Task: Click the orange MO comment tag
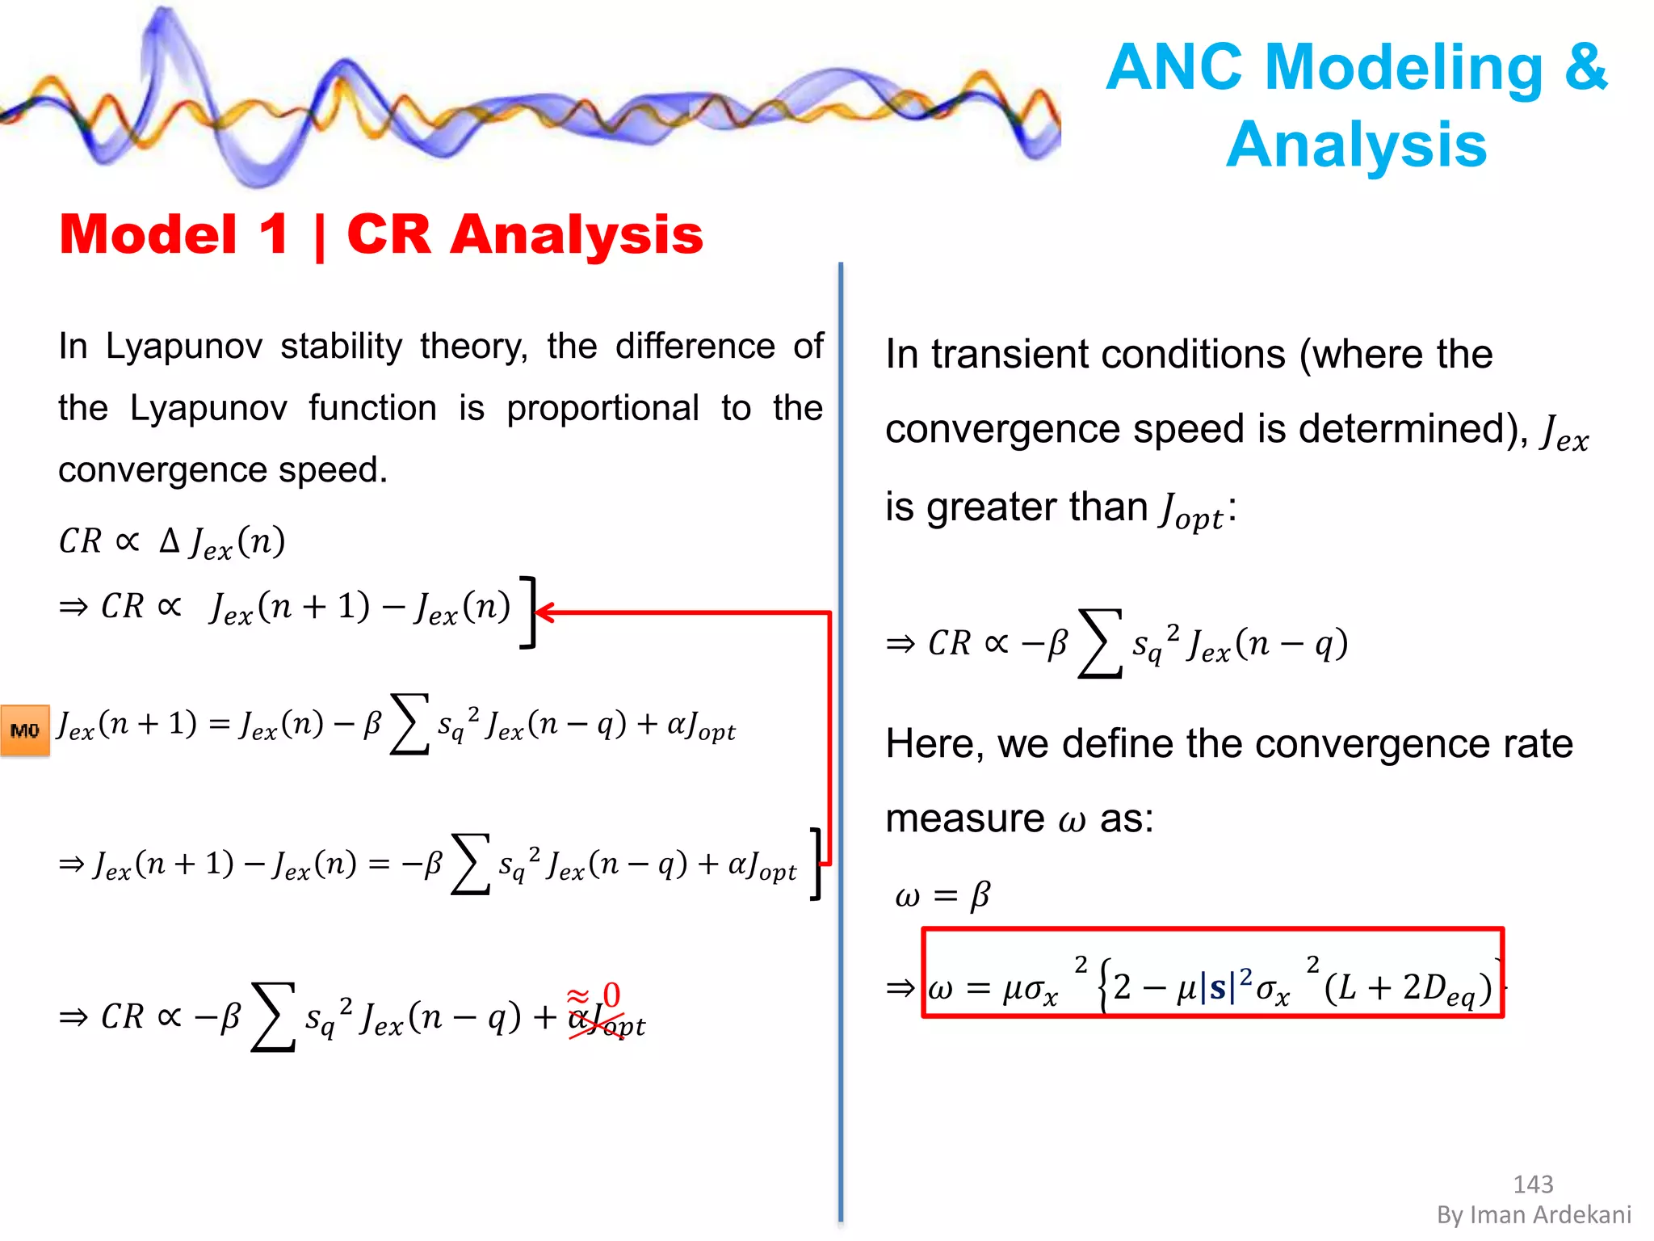point(25,730)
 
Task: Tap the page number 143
point(1532,1184)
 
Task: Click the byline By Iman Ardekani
point(1534,1214)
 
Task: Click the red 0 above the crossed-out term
point(612,995)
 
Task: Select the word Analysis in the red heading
point(576,235)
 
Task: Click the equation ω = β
point(942,895)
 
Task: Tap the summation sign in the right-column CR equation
point(1100,644)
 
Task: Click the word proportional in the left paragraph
point(602,408)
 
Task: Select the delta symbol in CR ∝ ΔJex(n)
point(169,540)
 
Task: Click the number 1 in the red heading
point(273,235)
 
